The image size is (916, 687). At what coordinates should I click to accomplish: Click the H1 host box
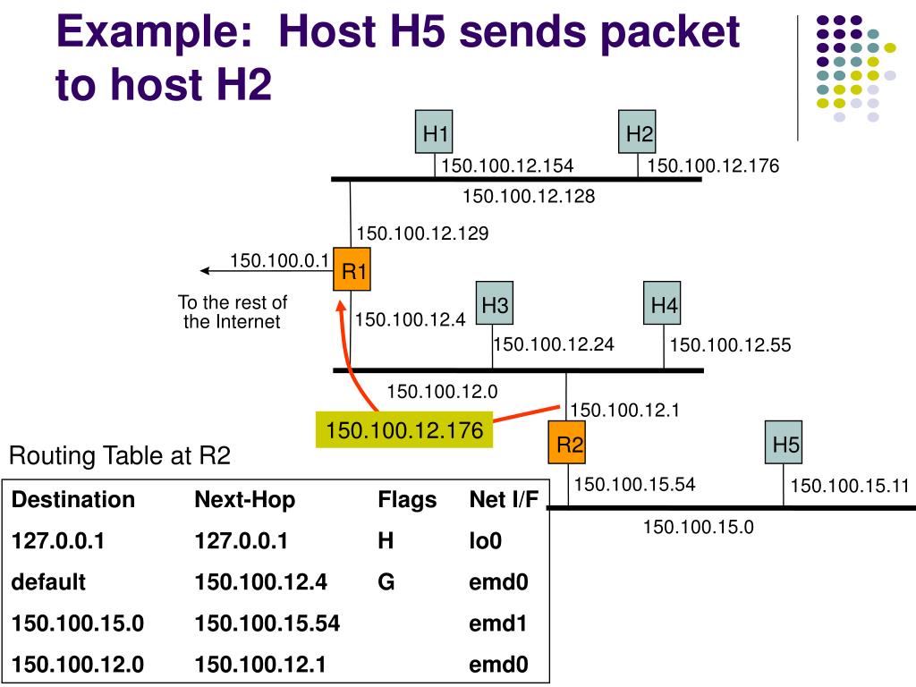tap(436, 134)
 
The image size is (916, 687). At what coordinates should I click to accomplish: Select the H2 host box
tap(639, 134)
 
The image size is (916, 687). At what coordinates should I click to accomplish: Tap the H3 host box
tap(495, 306)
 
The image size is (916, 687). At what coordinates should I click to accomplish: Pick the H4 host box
tap(664, 306)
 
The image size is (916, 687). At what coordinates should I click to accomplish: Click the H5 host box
tap(785, 445)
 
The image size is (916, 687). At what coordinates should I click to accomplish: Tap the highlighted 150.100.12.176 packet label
tap(404, 431)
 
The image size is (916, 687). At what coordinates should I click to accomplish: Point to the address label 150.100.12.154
tap(507, 165)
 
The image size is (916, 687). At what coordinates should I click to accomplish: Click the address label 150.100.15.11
tap(849, 486)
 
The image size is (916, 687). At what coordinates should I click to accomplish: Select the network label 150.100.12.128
tap(529, 195)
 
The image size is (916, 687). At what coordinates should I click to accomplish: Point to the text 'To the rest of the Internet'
tap(233, 312)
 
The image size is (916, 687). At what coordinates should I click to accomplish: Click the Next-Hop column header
tap(244, 499)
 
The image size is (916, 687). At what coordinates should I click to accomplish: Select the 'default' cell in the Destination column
tap(48, 581)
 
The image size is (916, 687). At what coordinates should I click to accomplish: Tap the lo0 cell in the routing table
tap(486, 540)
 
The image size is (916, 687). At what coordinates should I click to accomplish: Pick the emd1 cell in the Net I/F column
tap(498, 623)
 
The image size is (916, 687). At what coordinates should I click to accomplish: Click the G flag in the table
tap(386, 581)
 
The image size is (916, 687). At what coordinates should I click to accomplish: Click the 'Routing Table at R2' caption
tap(120, 456)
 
